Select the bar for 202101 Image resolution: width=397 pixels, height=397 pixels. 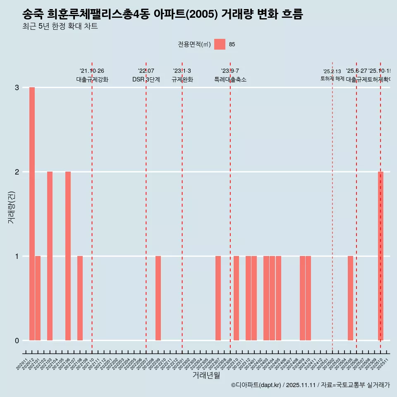point(38,298)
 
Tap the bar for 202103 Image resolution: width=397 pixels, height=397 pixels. point(50,256)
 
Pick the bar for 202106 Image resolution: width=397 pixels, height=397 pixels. point(68,256)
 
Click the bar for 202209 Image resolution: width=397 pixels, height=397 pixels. point(158,298)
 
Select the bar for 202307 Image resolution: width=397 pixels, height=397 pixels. point(218,298)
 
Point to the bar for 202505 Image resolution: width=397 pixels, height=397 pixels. point(350,298)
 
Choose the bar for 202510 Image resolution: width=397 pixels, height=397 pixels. point(380,256)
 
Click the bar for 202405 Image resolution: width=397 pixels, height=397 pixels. point(278,298)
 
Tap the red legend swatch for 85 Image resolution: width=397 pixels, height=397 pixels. point(220,44)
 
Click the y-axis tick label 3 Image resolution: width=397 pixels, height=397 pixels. point(17,88)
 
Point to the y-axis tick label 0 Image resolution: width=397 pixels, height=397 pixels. point(17,341)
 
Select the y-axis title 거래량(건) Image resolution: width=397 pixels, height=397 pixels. point(12,207)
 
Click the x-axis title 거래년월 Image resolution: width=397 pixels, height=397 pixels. point(206,375)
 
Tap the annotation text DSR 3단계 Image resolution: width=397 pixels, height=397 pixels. point(146,79)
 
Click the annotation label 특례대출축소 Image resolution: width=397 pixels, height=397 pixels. point(230,79)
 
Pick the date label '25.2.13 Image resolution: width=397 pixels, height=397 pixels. point(332,72)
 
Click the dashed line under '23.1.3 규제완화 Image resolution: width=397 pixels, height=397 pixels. point(182,207)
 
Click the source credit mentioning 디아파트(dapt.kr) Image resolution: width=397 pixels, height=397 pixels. point(310,385)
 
